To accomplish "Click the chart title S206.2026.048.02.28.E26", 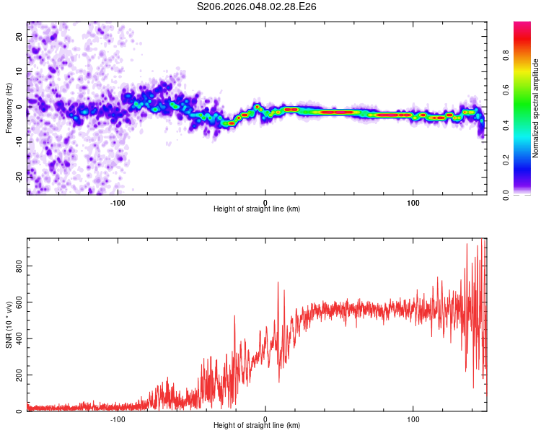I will (257, 6).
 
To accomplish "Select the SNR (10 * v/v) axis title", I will (9, 325).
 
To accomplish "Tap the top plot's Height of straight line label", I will (257, 209).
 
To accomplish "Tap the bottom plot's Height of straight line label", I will (257, 426).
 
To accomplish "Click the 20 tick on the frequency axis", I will (20, 37).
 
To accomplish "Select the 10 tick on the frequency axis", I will (20, 71).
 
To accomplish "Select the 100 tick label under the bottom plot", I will (413, 419).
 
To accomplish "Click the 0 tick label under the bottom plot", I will (265, 419).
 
